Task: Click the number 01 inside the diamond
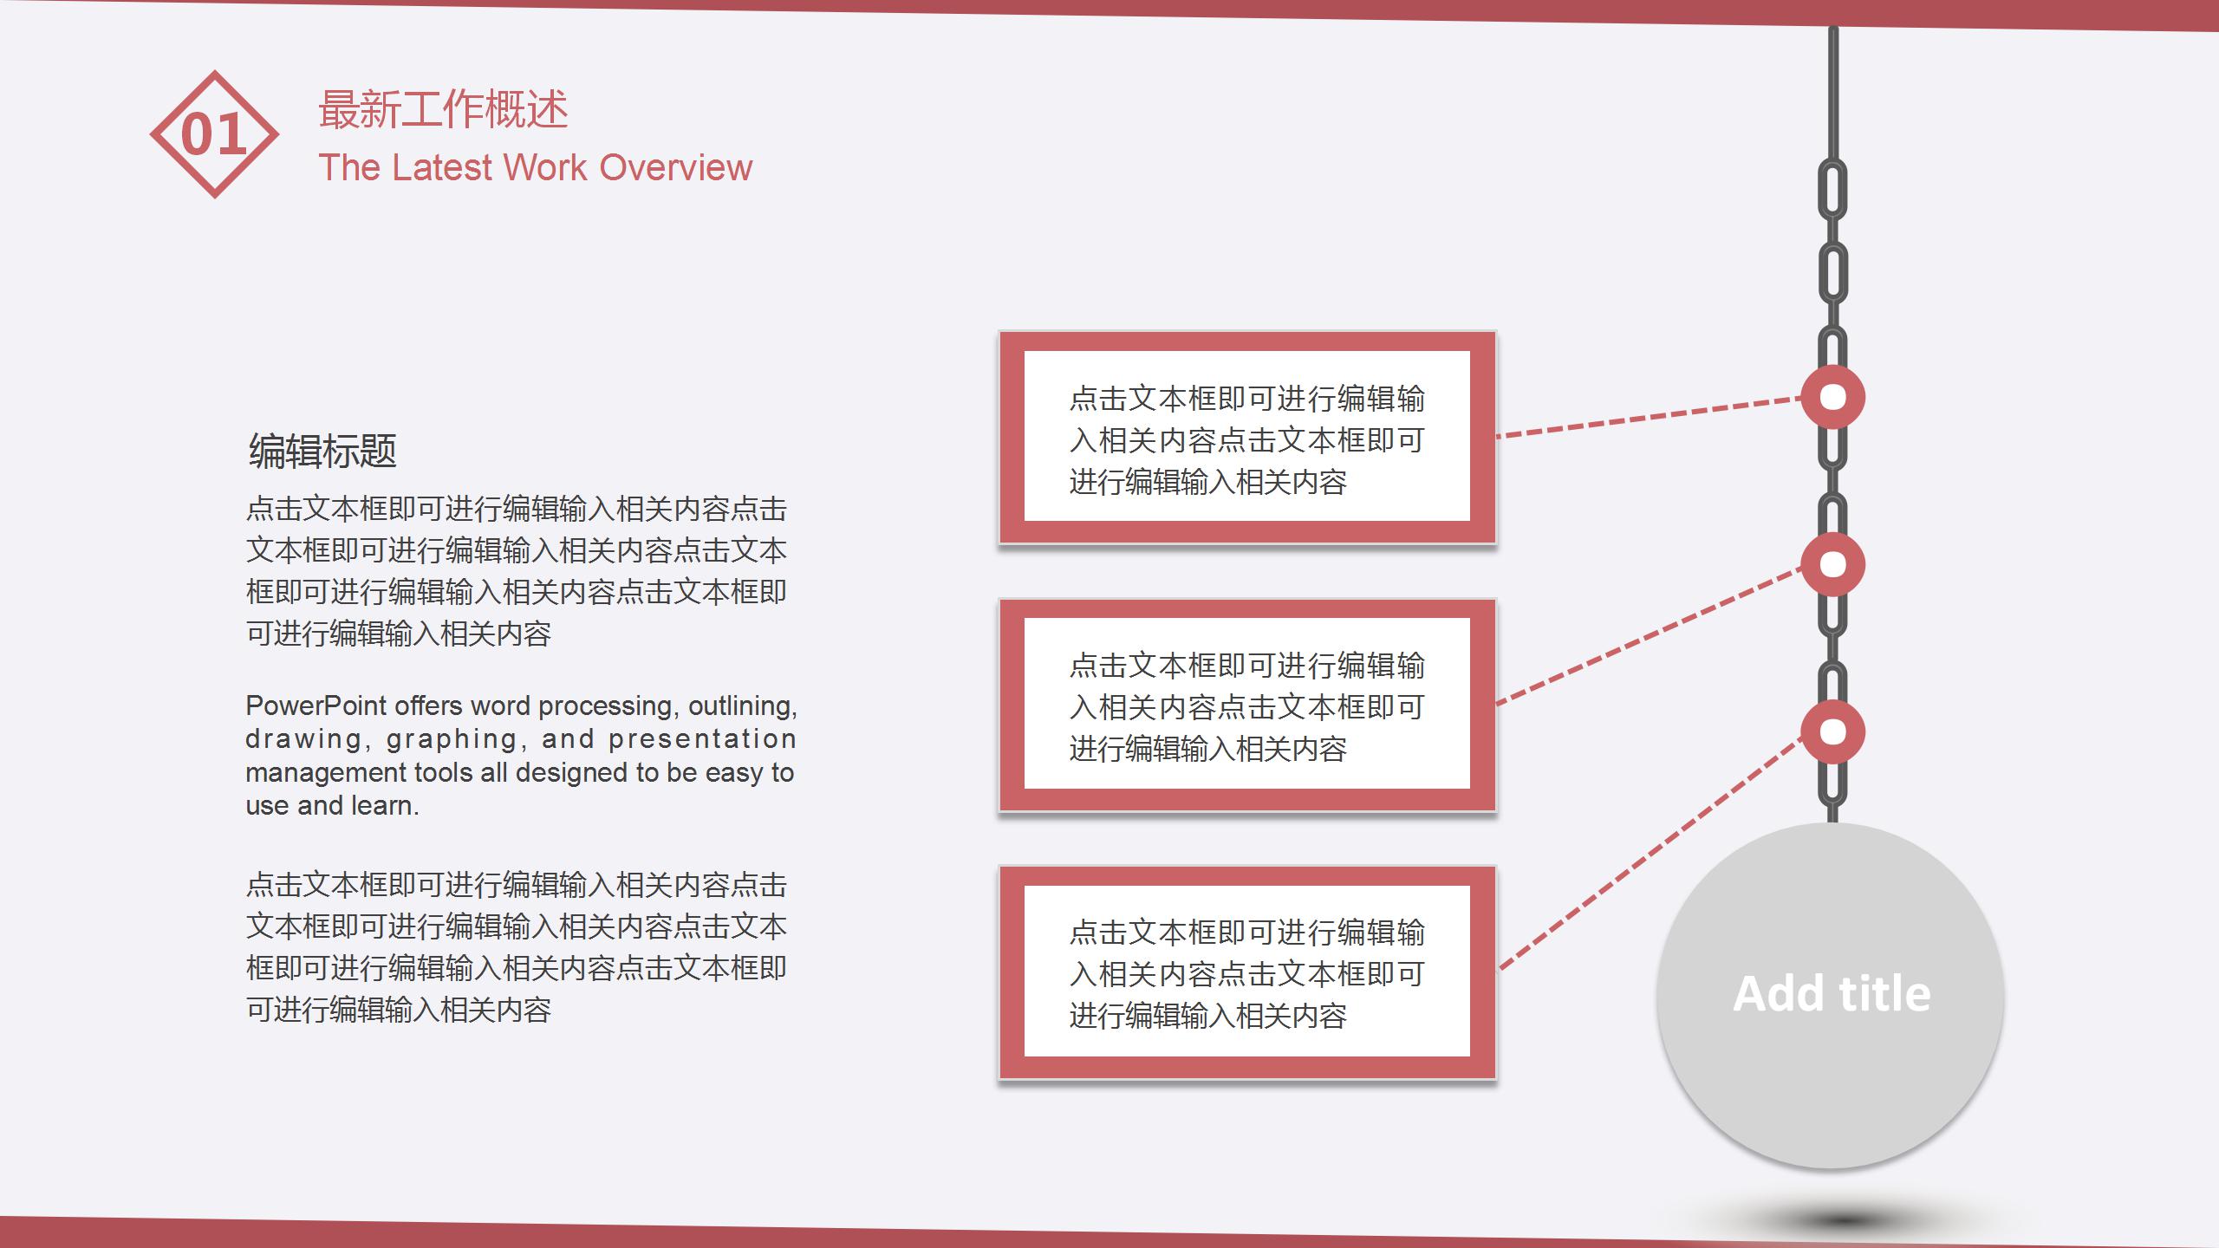(214, 135)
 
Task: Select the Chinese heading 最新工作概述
(443, 110)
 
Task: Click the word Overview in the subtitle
(675, 167)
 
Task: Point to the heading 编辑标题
(322, 452)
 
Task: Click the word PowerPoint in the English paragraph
(316, 705)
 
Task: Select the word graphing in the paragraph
(452, 739)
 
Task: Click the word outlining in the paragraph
(742, 705)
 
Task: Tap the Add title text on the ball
(1832, 993)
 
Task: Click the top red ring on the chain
(1832, 397)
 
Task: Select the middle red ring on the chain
(1832, 564)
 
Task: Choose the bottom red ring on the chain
(1832, 731)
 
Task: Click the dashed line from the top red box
(1647, 418)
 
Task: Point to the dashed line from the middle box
(1647, 635)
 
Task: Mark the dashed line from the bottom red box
(1647, 855)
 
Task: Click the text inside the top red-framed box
(1246, 440)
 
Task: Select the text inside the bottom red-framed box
(1246, 974)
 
